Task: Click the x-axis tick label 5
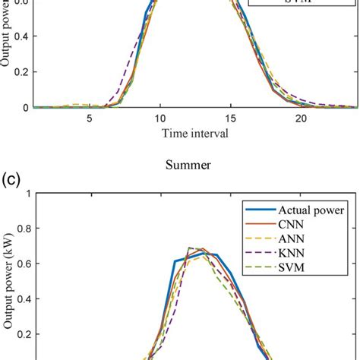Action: [x=89, y=118]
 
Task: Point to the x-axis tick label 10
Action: [x=159, y=118]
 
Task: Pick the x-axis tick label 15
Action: [x=230, y=118]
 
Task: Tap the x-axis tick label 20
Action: [x=301, y=118]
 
